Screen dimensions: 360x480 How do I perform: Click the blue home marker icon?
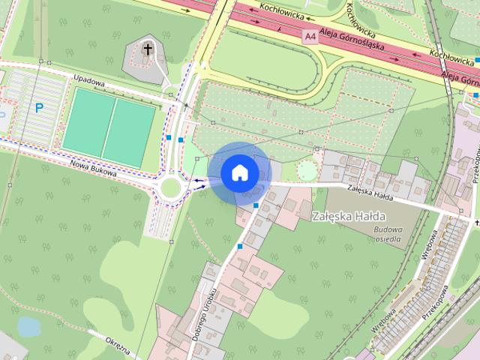point(239,172)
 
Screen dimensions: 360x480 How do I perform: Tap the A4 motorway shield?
point(310,35)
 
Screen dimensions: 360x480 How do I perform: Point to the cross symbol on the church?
point(148,50)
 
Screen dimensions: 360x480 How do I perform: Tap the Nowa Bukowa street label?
point(94,167)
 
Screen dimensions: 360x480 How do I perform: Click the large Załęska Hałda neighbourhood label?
point(349,217)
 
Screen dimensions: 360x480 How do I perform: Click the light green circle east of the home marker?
point(307,171)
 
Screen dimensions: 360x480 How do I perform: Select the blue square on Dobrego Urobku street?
point(239,246)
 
